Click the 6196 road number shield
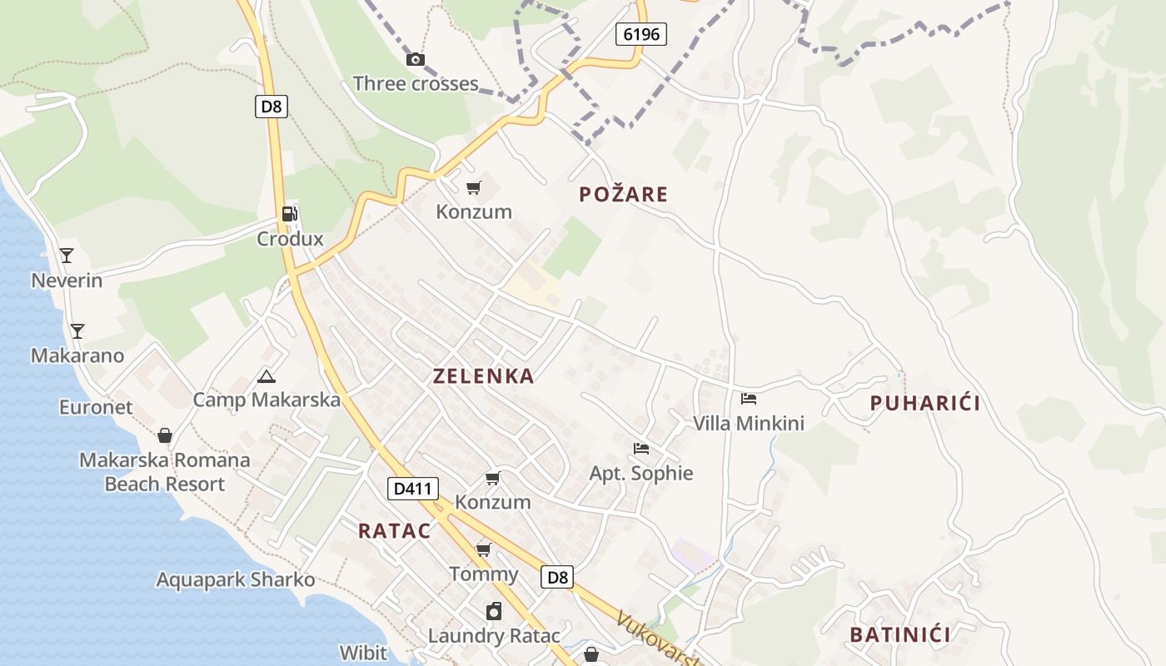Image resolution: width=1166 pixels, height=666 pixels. pos(641,34)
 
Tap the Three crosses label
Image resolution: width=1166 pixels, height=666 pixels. pos(416,83)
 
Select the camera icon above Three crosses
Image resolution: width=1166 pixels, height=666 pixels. pos(415,59)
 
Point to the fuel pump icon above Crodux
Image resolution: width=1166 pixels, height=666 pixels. pos(289,214)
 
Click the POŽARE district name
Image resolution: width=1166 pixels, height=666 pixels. pos(624,195)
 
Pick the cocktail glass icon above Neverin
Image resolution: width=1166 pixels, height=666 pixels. pos(67,256)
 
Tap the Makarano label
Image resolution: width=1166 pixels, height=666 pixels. pos(77,355)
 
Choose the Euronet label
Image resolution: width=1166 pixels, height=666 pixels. pos(96,407)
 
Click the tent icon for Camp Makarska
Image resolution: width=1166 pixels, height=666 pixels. pos(267,376)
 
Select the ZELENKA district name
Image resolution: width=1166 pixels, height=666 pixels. pos(483,376)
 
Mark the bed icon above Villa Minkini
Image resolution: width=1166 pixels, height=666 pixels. pos(749,399)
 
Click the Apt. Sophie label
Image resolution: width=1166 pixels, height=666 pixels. pos(641,474)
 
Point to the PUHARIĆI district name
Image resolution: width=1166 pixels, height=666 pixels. pos(924,404)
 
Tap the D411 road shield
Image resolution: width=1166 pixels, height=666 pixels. pos(412,489)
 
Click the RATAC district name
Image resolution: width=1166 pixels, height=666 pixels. pos(394,531)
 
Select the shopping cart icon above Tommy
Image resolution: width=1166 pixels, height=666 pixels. pos(483,549)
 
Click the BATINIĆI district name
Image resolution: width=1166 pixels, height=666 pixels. pos(899,635)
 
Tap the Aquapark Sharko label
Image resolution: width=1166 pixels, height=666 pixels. pos(236,579)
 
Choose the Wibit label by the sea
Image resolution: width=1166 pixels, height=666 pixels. pos(364,652)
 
